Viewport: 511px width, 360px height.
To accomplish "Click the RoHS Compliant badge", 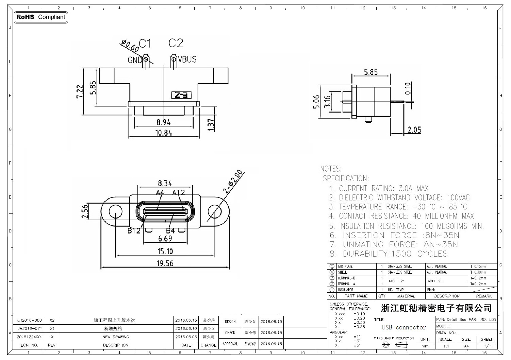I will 41,17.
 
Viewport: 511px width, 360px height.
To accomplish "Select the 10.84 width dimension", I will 164,133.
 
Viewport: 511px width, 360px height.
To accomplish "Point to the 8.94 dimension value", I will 164,122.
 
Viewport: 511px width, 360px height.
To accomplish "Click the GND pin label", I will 135,60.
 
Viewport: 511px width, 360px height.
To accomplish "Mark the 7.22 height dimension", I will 79,91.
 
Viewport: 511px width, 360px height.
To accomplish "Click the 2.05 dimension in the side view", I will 414,130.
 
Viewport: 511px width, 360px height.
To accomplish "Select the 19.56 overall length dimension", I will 165,263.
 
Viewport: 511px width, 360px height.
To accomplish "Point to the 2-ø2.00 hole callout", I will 233,182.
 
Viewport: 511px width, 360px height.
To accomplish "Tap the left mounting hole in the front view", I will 115,211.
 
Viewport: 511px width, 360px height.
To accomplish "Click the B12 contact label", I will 134,231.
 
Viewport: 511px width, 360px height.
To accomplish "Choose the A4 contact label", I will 160,193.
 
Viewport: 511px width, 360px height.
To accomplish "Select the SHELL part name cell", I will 342,272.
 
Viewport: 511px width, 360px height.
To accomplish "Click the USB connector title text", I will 404,327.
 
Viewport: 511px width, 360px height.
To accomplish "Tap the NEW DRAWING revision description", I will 116,337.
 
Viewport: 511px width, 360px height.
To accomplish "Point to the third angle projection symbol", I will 394,345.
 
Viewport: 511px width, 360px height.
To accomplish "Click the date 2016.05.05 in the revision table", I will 186,337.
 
